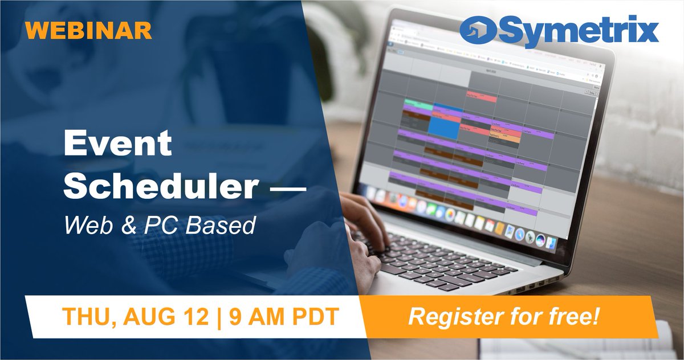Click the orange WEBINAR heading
(89, 30)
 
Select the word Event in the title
(117, 144)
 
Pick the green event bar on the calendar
(417, 104)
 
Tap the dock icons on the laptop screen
(456, 211)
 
